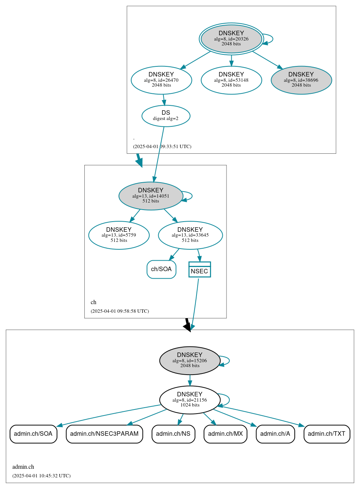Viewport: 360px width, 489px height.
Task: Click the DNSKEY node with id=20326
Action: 231,39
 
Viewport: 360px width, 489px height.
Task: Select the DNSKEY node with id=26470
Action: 161,80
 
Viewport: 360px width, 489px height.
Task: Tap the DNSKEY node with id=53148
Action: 231,80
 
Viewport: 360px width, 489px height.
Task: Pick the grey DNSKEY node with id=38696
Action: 301,80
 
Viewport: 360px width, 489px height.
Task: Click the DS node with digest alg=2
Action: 166,116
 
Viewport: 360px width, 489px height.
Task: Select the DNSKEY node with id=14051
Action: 151,196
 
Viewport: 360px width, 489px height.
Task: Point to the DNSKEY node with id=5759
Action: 119,235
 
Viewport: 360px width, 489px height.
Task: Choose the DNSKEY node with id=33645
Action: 190,235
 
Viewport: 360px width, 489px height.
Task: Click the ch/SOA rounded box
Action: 161,269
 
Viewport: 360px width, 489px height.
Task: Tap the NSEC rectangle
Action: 199,270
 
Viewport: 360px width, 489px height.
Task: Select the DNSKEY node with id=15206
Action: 190,360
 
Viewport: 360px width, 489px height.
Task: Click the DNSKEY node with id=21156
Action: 190,400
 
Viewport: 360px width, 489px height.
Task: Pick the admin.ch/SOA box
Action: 33,434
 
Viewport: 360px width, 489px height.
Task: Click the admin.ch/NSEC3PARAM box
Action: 104,434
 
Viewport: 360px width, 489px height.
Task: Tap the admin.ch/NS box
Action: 173,434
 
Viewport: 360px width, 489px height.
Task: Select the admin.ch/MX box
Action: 225,434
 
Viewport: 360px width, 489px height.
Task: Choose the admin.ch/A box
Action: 275,434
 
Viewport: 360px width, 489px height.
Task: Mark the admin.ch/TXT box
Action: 327,434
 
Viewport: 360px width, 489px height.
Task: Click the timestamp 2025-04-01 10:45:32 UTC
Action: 41,475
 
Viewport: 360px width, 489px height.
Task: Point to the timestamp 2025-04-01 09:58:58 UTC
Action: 120,311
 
